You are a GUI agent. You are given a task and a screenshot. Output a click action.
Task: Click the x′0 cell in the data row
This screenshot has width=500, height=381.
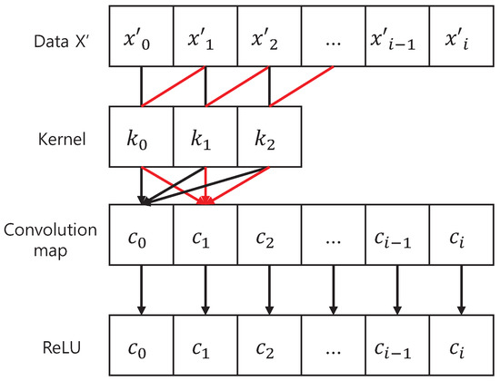pos(141,35)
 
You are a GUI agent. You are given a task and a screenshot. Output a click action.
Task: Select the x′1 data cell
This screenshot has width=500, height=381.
pos(205,35)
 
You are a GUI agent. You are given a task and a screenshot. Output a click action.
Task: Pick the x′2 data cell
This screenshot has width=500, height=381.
pos(270,35)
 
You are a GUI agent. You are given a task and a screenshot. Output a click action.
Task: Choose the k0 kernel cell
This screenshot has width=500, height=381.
pos(141,139)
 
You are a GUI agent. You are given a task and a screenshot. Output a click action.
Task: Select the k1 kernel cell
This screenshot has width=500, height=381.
pos(205,139)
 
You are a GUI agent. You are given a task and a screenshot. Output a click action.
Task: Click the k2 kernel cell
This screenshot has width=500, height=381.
pos(270,139)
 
